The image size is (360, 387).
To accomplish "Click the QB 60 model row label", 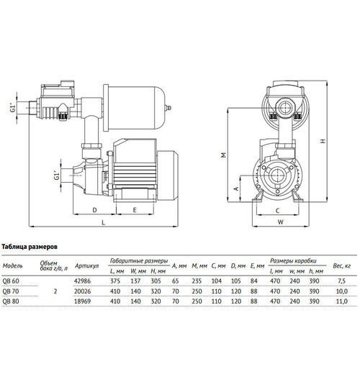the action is pos(11,281).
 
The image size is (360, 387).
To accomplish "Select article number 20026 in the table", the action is pos(83,291).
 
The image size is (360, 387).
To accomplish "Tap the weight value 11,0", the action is pos(342,301).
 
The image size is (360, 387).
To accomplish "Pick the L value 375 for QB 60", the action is pos(115,281).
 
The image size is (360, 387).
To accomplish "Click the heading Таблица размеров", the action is pos(30,247).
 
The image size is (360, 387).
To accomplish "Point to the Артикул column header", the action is pos(86,266).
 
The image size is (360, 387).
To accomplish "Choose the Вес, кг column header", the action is pos(342,266).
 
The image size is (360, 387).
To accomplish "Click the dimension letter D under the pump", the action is pos(94,210).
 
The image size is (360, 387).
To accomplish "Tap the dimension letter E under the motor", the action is pos(135,210).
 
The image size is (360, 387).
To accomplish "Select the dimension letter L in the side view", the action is pos(103,222).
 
